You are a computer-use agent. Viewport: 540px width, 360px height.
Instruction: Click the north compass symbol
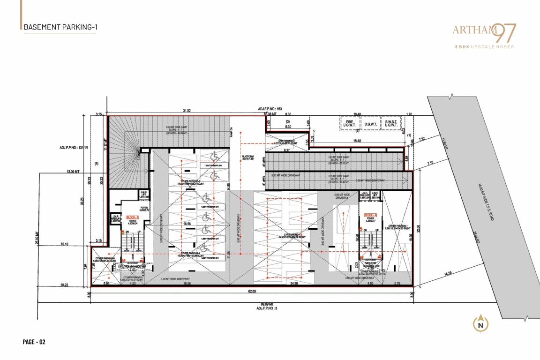480,324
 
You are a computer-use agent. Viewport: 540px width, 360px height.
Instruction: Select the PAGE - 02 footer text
34,342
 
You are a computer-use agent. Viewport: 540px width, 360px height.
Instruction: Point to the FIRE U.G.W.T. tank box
349,123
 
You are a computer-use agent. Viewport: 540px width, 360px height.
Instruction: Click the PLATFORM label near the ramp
248,157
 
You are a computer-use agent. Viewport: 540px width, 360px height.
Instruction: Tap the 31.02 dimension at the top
186,111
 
